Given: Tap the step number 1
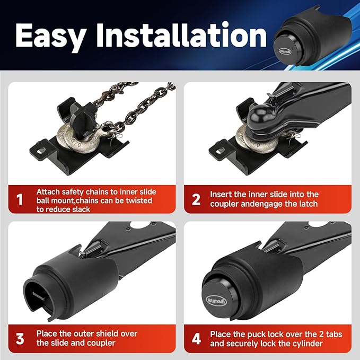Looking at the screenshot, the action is point(20,199).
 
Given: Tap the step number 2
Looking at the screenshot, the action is point(196,199).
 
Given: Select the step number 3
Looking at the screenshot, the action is point(20,339).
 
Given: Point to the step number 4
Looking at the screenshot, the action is point(196,339).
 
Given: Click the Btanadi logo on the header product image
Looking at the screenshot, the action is point(285,51).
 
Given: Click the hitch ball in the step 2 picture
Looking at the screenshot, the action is point(260,116).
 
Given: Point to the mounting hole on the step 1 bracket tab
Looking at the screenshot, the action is point(41,151).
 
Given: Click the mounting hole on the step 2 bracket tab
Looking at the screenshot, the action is point(220,151).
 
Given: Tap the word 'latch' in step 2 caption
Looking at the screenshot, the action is point(306,204).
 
